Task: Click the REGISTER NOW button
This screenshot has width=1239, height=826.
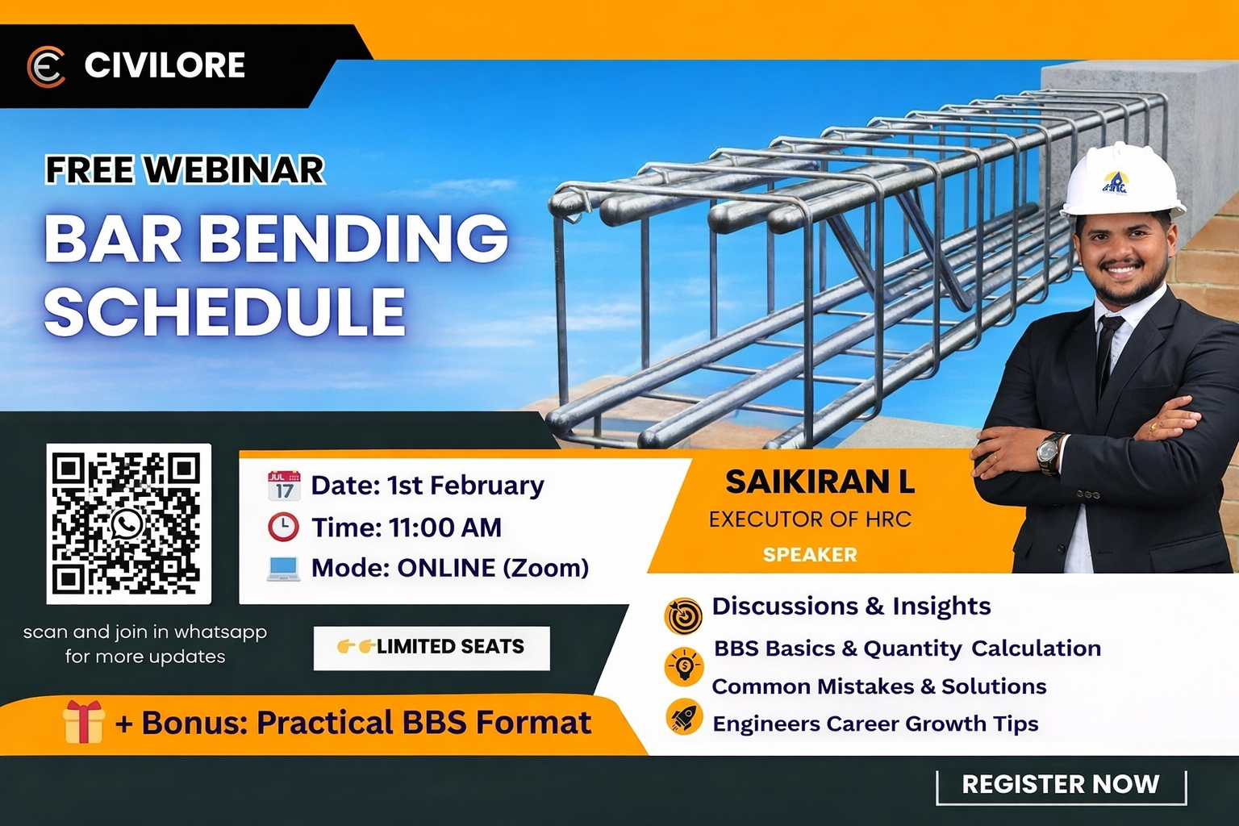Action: pyautogui.click(x=1060, y=785)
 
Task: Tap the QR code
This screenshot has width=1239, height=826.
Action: pyautogui.click(x=128, y=524)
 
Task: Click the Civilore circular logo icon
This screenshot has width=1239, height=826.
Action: pyautogui.click(x=46, y=66)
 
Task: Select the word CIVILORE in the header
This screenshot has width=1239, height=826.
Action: pyautogui.click(x=165, y=65)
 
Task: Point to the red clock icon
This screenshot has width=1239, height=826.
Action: pyautogui.click(x=283, y=527)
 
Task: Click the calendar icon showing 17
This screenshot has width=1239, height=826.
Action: pyautogui.click(x=283, y=486)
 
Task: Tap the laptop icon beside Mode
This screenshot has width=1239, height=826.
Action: pyautogui.click(x=283, y=568)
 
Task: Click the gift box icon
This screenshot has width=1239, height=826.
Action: pyautogui.click(x=84, y=721)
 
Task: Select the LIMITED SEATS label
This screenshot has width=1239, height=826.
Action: pyautogui.click(x=432, y=647)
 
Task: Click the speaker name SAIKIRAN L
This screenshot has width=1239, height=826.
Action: pyautogui.click(x=820, y=482)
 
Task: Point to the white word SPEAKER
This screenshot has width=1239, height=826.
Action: pyautogui.click(x=810, y=555)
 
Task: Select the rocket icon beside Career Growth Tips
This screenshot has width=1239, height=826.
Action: pyautogui.click(x=684, y=717)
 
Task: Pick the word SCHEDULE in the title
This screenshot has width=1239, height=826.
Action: pyautogui.click(x=224, y=312)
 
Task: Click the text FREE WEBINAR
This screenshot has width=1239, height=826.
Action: pyautogui.click(x=185, y=170)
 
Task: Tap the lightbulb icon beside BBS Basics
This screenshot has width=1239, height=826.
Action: pyautogui.click(x=684, y=666)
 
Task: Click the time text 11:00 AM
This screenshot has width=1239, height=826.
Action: pyautogui.click(x=445, y=528)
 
